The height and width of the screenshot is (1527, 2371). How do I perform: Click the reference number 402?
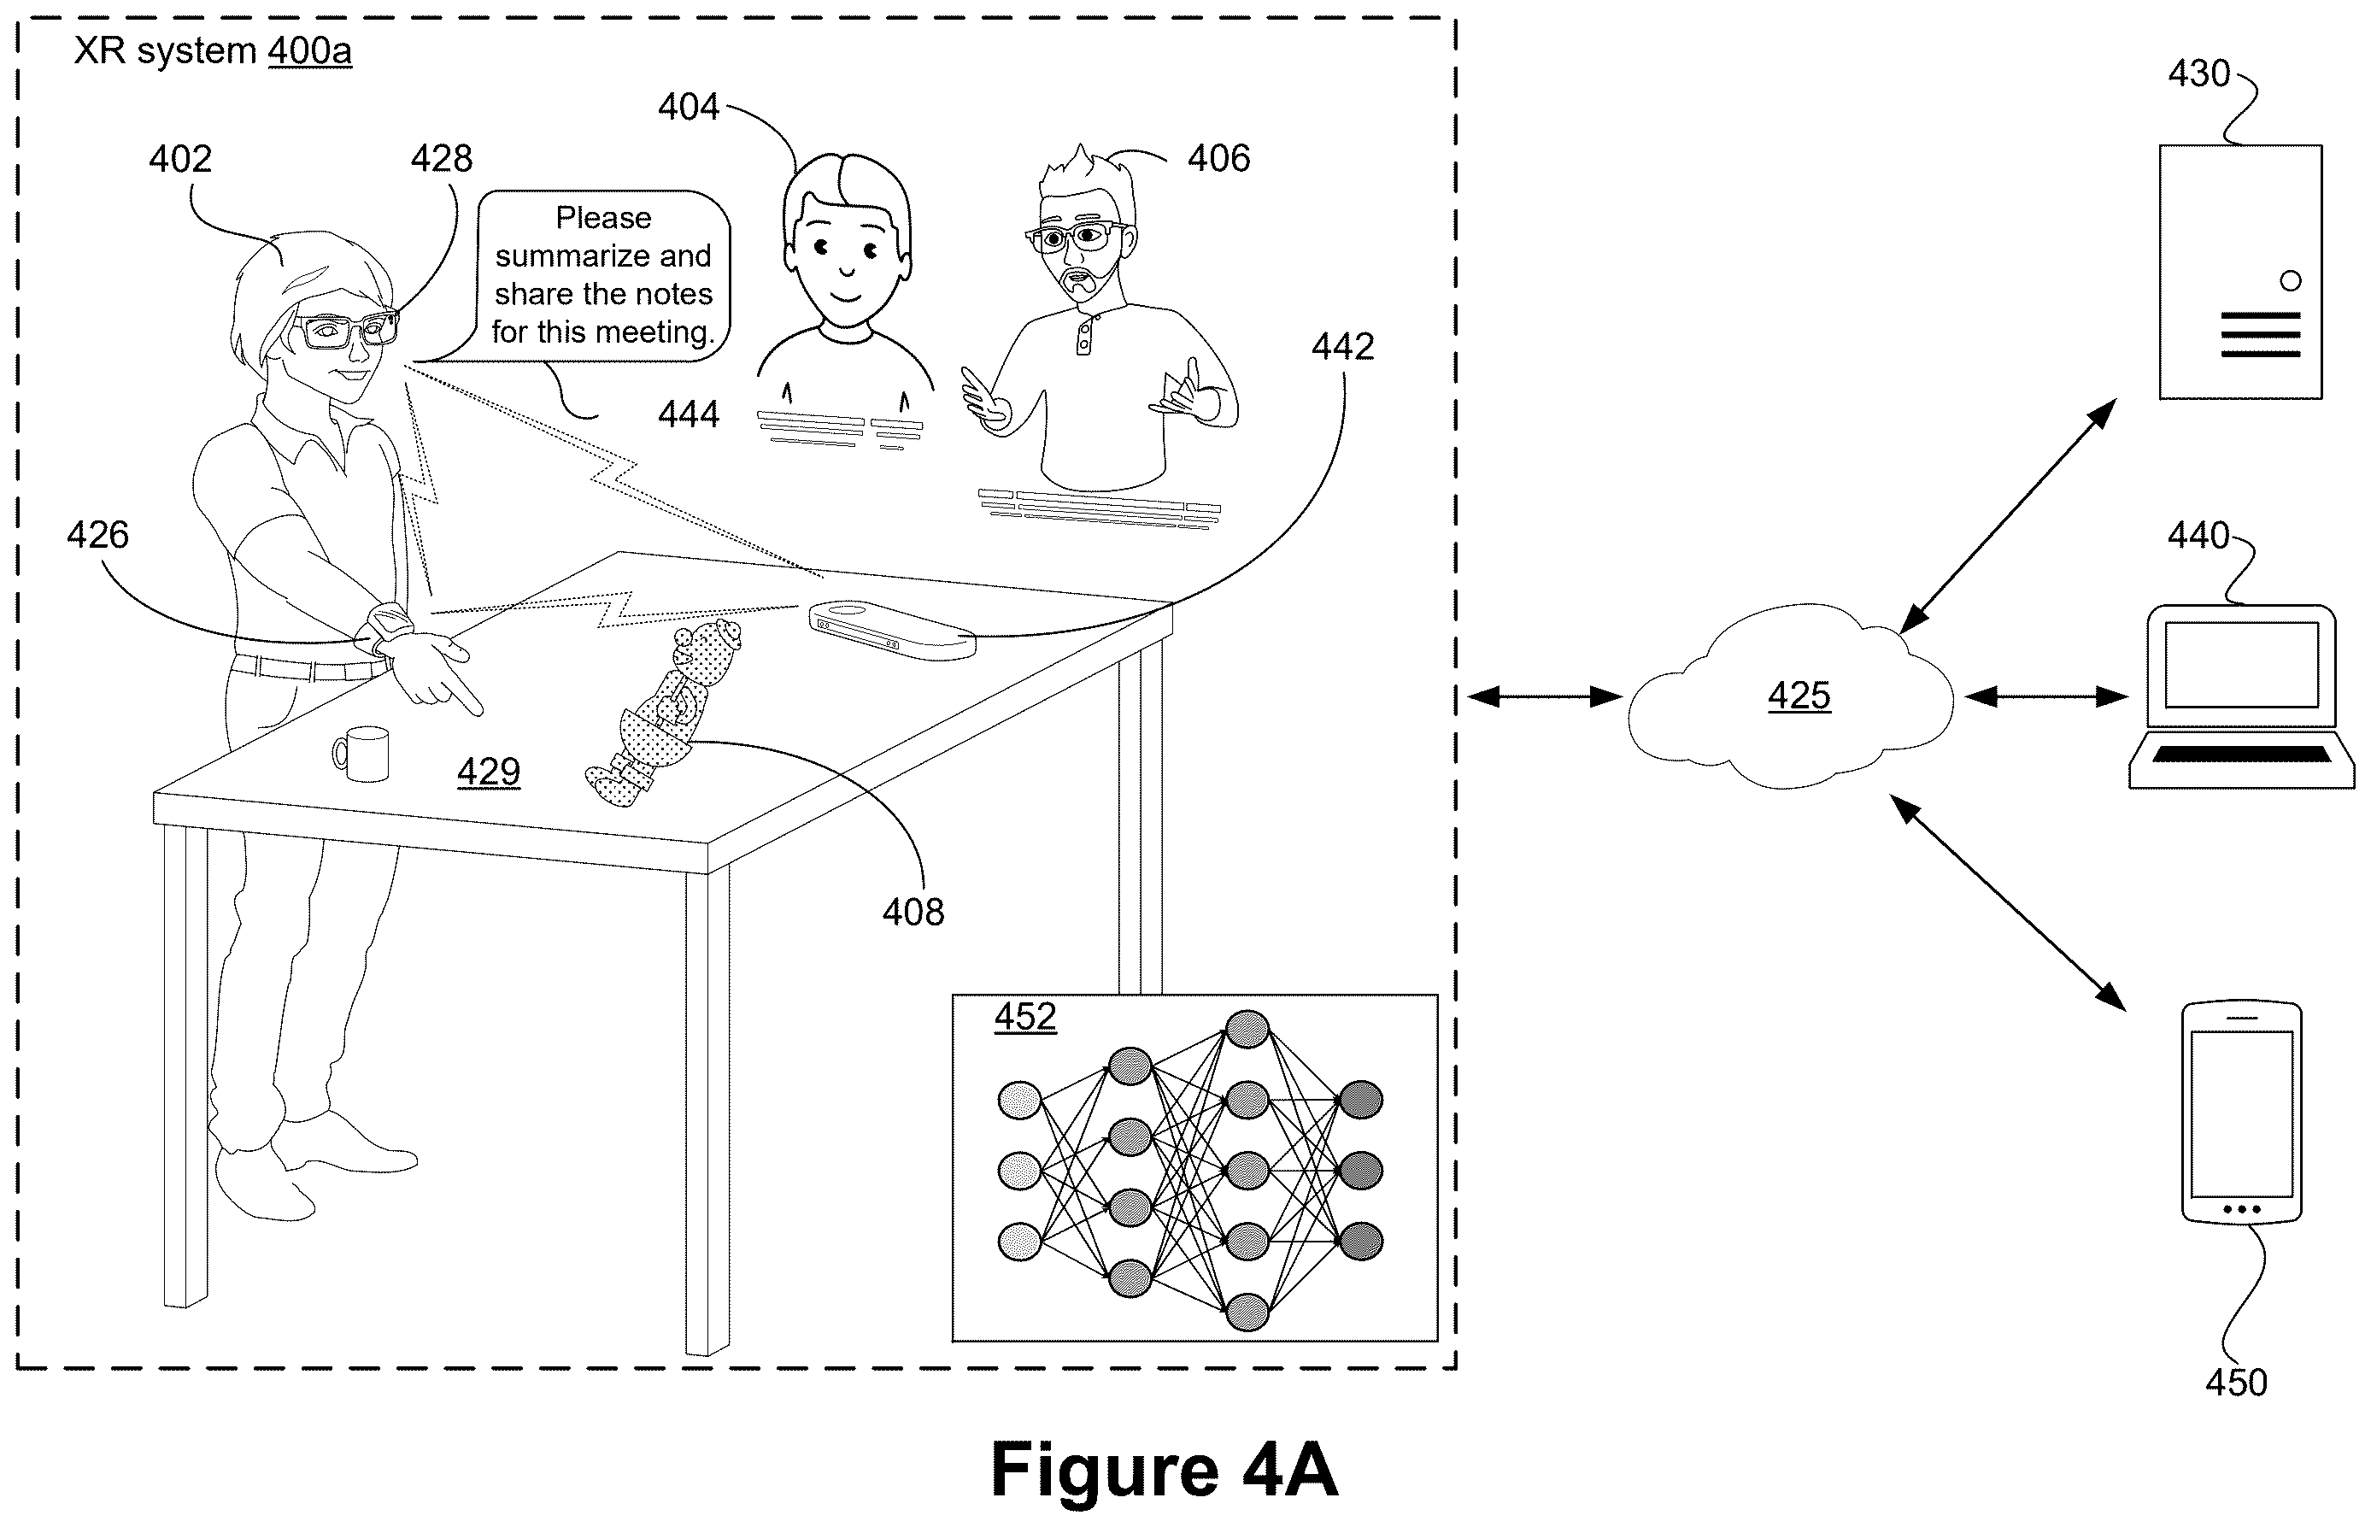click(180, 159)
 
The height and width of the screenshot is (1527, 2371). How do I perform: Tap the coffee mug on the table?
click(361, 754)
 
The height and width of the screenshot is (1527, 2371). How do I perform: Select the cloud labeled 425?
click(1791, 697)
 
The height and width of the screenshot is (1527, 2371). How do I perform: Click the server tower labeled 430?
click(2240, 272)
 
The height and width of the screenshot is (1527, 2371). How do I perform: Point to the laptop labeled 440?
click(2241, 696)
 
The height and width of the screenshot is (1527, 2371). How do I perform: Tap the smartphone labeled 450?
click(2241, 1113)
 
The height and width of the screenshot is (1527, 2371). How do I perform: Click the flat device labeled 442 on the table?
click(892, 631)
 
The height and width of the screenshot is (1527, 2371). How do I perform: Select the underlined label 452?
click(1025, 1018)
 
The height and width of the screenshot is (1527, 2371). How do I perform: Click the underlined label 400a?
click(309, 50)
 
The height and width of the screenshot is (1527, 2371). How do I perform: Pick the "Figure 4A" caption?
click(1164, 1470)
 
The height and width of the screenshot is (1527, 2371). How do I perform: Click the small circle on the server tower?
click(2291, 280)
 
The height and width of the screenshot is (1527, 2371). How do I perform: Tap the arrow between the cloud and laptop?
click(2045, 697)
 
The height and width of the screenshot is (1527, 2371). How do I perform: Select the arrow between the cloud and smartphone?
click(2008, 902)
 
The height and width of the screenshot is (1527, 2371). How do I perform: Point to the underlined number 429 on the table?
click(489, 772)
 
